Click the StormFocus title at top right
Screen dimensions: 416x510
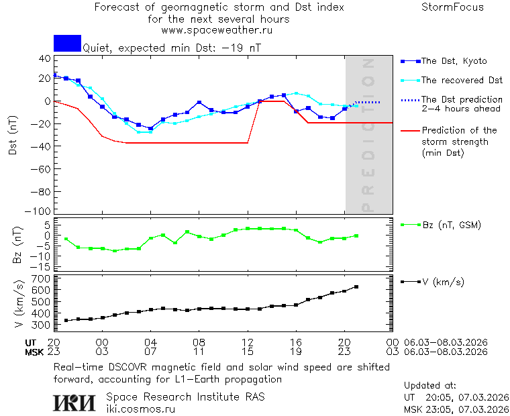452,7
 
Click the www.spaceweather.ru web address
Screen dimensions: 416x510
217,30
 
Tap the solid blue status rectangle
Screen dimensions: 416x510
67,43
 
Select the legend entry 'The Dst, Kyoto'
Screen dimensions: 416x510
454,61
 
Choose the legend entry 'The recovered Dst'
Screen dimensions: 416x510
462,81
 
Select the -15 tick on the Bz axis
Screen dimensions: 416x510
42,266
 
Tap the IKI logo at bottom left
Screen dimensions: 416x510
74,403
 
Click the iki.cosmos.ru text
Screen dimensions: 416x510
141,409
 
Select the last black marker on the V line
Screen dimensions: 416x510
356,287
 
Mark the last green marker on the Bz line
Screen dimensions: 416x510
356,236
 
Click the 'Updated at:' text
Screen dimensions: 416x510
430,386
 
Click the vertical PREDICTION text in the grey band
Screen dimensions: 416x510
367,134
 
